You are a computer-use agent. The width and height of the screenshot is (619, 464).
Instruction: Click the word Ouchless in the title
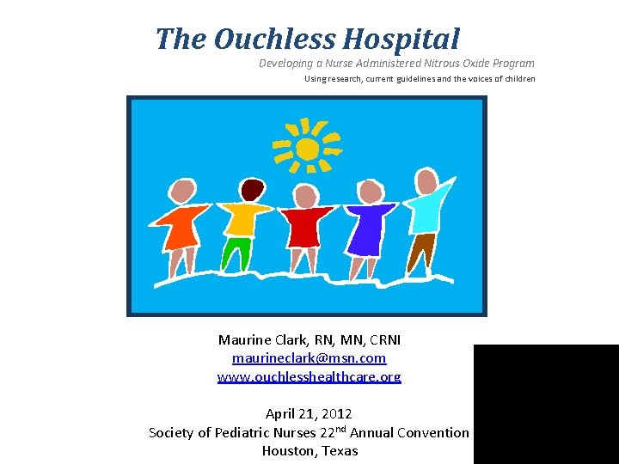coord(274,40)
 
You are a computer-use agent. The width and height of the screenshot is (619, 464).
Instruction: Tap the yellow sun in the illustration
coord(306,148)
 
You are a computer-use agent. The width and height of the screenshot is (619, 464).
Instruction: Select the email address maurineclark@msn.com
coord(309,357)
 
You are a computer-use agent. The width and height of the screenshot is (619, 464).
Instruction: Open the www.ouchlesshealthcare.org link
coord(309,376)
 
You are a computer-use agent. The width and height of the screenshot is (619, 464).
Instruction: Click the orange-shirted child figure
coord(181,227)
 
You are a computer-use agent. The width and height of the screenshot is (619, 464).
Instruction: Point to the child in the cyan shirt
coord(425,211)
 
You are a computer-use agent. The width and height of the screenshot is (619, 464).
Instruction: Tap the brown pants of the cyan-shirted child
coord(421,250)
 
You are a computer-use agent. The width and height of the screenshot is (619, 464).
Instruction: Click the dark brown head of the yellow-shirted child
coord(252,189)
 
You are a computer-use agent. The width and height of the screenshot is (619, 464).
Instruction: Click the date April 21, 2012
coord(309,414)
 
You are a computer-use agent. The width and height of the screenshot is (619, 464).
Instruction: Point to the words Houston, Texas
coord(309,451)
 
